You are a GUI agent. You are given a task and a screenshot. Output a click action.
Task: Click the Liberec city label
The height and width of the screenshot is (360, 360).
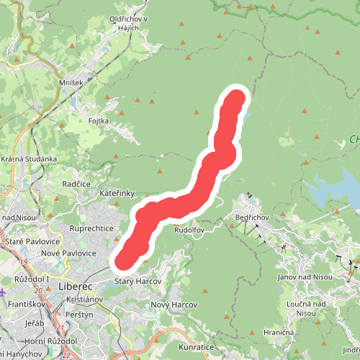coord(75,287)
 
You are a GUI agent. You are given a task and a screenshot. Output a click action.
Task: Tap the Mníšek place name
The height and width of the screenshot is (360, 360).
coord(71,83)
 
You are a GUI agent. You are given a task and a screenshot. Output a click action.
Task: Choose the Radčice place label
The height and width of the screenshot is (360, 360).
coord(76,184)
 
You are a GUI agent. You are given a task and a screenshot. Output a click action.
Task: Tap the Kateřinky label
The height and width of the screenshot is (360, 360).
coord(117,194)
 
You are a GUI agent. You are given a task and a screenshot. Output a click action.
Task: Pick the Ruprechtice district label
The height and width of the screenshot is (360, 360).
coord(91,228)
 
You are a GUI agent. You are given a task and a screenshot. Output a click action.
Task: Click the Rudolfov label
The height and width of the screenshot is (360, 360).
coord(189,230)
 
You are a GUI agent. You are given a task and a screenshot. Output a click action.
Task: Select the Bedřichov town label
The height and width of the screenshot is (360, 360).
coord(251,217)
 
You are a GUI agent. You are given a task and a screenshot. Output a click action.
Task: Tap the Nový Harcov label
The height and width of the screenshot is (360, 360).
coord(174,305)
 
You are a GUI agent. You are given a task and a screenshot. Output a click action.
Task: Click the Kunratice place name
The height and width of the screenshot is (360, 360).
coord(195,347)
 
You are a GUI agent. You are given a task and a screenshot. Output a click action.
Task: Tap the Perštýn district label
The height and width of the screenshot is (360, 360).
coord(78,315)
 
